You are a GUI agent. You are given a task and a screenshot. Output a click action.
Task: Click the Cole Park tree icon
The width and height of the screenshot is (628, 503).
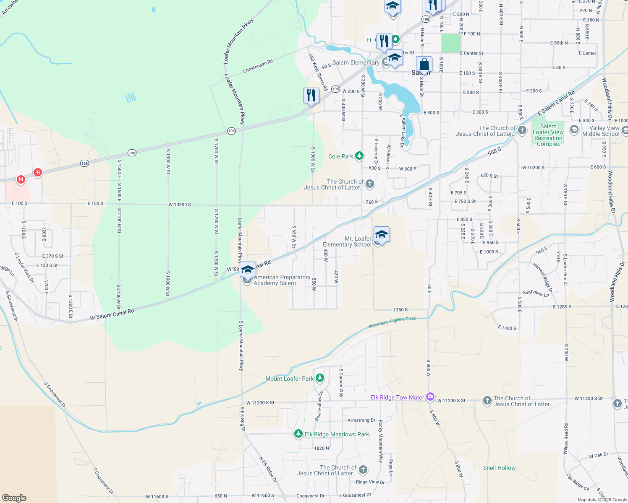359,156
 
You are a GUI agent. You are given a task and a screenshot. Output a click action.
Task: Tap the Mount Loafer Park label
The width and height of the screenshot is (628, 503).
289,379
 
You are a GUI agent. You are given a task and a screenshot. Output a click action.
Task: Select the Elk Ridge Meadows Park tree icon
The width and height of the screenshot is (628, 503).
298,434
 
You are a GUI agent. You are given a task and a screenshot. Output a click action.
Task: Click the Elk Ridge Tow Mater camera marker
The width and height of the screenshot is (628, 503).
430,397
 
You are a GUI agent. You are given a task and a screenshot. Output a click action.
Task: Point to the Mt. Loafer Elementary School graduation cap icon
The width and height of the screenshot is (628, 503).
381,234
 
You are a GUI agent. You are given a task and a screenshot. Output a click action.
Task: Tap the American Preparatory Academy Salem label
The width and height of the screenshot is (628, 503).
282,280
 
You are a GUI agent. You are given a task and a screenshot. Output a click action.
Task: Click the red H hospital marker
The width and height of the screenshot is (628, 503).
21,179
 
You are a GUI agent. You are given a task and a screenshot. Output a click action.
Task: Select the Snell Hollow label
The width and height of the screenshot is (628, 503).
499,468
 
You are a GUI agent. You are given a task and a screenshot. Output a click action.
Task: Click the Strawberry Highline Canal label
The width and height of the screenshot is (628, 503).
392,322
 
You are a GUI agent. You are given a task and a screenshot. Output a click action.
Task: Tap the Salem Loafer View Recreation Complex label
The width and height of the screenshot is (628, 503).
548,135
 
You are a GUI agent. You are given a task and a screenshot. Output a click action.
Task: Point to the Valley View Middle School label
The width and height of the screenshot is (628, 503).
601,131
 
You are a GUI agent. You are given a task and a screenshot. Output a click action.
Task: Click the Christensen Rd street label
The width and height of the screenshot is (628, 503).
258,66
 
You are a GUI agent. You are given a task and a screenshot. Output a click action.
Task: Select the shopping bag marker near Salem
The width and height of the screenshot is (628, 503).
424,65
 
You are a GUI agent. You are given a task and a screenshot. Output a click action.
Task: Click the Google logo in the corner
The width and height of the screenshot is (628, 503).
14,498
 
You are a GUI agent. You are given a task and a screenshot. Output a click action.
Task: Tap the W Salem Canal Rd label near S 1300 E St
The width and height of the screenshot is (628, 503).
112,314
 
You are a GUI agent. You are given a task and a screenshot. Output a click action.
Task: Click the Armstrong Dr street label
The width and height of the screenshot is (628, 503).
361,420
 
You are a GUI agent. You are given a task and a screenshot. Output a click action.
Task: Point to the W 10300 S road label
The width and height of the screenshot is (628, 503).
180,205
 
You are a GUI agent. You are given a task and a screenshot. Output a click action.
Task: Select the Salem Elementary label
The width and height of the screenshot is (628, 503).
356,62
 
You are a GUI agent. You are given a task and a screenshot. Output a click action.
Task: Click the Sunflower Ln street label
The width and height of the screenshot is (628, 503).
536,293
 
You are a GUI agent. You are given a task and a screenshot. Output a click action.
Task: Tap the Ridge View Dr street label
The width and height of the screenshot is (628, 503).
370,482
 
